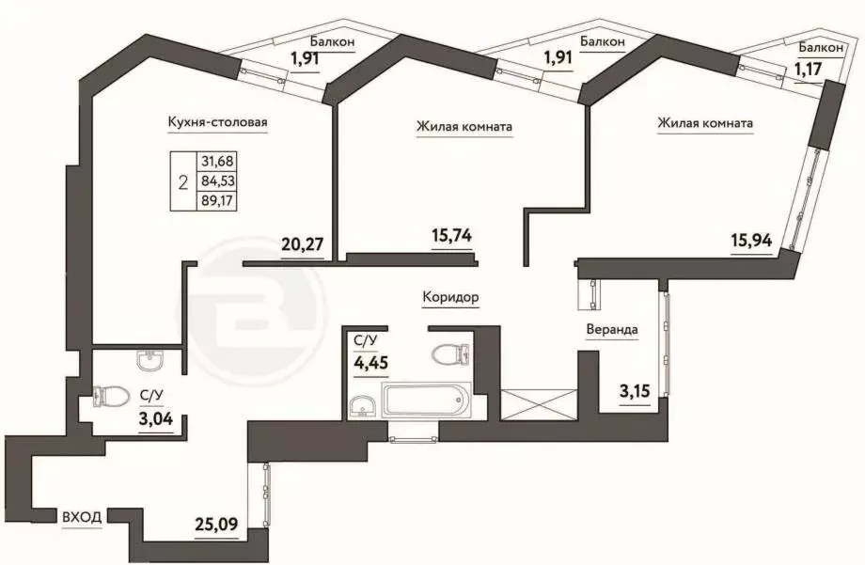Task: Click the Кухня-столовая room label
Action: point(218,122)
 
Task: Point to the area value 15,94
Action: point(751,239)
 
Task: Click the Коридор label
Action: point(450,297)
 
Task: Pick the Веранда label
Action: point(612,330)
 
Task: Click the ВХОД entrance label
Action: point(83,516)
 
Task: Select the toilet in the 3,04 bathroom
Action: point(111,398)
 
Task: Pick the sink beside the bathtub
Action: point(363,405)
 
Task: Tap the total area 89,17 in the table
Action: point(215,199)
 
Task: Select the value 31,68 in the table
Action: point(215,162)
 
